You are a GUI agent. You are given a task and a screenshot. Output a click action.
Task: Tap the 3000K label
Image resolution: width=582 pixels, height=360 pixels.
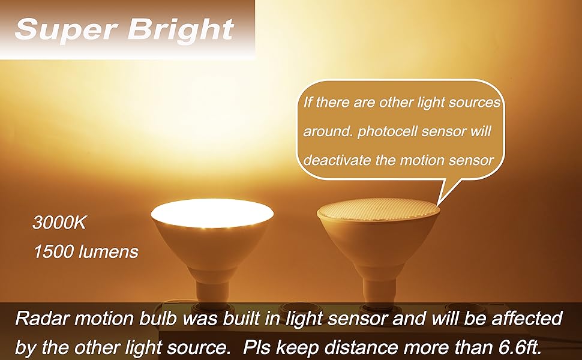pyautogui.click(x=59, y=225)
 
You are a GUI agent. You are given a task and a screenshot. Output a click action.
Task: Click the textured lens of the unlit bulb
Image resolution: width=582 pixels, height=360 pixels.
pyautogui.click(x=379, y=210)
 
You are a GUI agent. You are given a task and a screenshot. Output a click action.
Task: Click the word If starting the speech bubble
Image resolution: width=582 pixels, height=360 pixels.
pyautogui.click(x=307, y=102)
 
